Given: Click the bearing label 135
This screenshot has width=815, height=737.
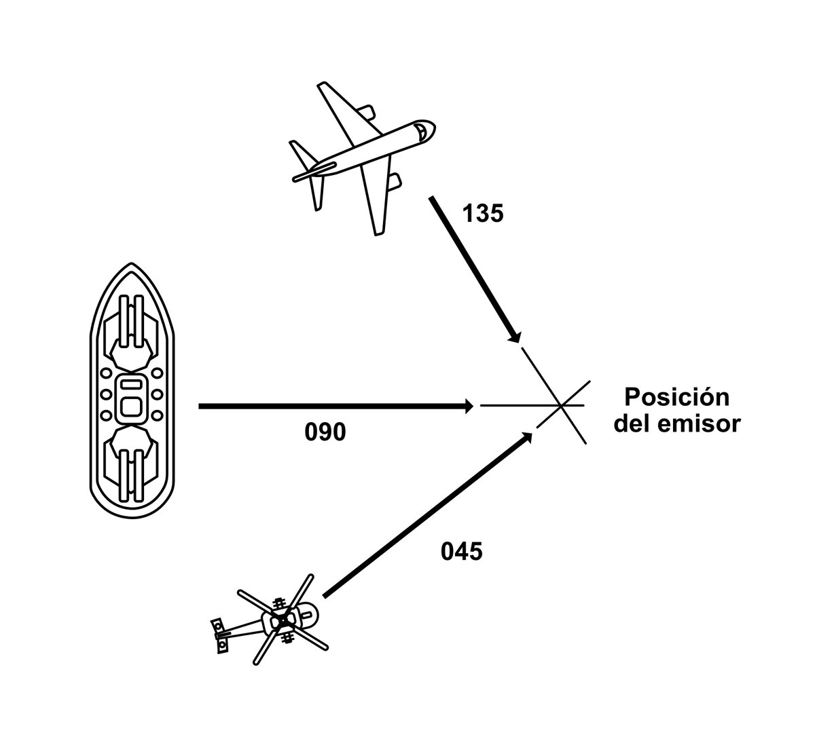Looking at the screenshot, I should coord(483,214).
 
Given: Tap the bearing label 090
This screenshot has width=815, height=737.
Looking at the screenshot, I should coord(325,432).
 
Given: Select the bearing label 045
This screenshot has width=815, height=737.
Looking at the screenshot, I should coord(462,551).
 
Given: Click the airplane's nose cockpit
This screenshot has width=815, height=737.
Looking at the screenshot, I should coord(422,130).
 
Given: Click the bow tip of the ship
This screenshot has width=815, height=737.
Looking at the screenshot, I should coord(132,267).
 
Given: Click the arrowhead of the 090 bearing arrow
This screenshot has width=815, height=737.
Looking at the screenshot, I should coord(469,407).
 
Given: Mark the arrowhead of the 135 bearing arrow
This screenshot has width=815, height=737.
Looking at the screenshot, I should coord(516,337).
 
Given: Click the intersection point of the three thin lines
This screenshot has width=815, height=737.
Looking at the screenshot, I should coord(561,406).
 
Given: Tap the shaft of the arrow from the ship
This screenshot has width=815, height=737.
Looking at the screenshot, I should coord(333,407).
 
